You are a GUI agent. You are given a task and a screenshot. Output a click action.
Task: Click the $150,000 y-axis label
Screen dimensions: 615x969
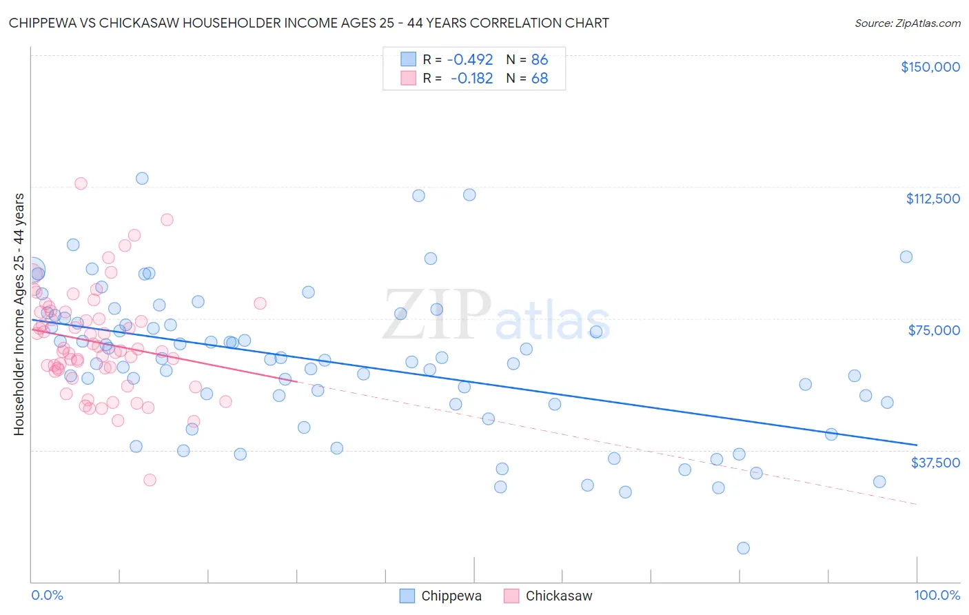(x=930, y=67)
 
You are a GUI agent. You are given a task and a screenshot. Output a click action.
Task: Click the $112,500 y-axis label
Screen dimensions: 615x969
(x=932, y=199)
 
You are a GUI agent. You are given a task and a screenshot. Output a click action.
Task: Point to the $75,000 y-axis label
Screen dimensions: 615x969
(x=934, y=330)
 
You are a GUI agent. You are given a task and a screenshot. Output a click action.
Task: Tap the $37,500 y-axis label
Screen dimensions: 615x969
(x=935, y=462)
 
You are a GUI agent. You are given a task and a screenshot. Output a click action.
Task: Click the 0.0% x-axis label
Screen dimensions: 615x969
(x=47, y=595)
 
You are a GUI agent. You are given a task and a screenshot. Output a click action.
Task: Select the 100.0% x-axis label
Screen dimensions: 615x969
(x=937, y=595)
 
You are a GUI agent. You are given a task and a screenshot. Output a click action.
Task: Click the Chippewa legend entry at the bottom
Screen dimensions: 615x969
(x=451, y=596)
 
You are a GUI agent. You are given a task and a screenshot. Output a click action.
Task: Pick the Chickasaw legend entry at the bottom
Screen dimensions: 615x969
(x=558, y=596)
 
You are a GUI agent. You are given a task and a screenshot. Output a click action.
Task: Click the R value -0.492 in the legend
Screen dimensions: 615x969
(x=470, y=59)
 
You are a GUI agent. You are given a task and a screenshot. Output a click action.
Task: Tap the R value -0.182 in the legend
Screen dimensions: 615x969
(x=471, y=78)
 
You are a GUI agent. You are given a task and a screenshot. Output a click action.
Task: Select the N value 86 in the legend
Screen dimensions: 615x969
(x=539, y=59)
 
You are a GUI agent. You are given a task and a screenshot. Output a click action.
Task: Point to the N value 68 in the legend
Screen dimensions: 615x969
(x=539, y=78)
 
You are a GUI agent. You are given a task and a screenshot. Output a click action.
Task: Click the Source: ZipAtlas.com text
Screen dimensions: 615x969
(x=907, y=23)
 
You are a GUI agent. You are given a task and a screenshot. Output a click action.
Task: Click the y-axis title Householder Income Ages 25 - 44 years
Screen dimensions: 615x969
(x=19, y=314)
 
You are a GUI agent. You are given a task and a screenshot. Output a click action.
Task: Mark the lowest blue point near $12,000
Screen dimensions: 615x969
(x=743, y=548)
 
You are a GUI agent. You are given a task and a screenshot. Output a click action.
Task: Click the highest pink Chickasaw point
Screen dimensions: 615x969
(x=81, y=183)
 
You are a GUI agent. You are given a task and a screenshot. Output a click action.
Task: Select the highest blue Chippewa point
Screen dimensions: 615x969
(x=142, y=178)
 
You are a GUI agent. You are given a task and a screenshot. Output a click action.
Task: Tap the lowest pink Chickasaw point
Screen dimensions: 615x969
(x=150, y=480)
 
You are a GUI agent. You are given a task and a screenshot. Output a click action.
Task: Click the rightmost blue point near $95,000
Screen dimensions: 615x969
(x=906, y=256)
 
